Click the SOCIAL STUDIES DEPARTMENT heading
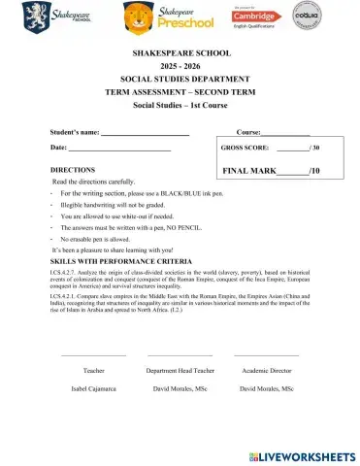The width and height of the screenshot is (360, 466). [x=180, y=86]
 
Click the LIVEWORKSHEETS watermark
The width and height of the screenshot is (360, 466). [x=296, y=455]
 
